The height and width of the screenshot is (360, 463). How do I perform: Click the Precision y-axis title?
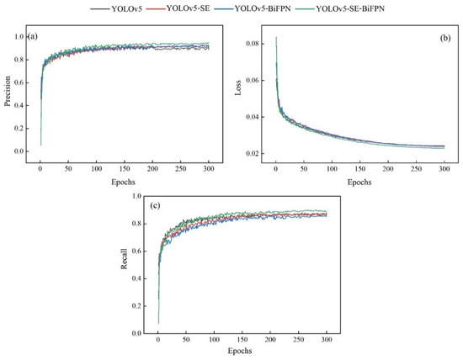click(x=8, y=93)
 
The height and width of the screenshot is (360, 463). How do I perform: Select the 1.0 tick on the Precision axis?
click(x=21, y=37)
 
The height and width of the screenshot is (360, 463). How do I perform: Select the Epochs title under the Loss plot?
click(x=359, y=180)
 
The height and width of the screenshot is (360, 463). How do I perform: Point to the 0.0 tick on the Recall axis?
click(x=140, y=334)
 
